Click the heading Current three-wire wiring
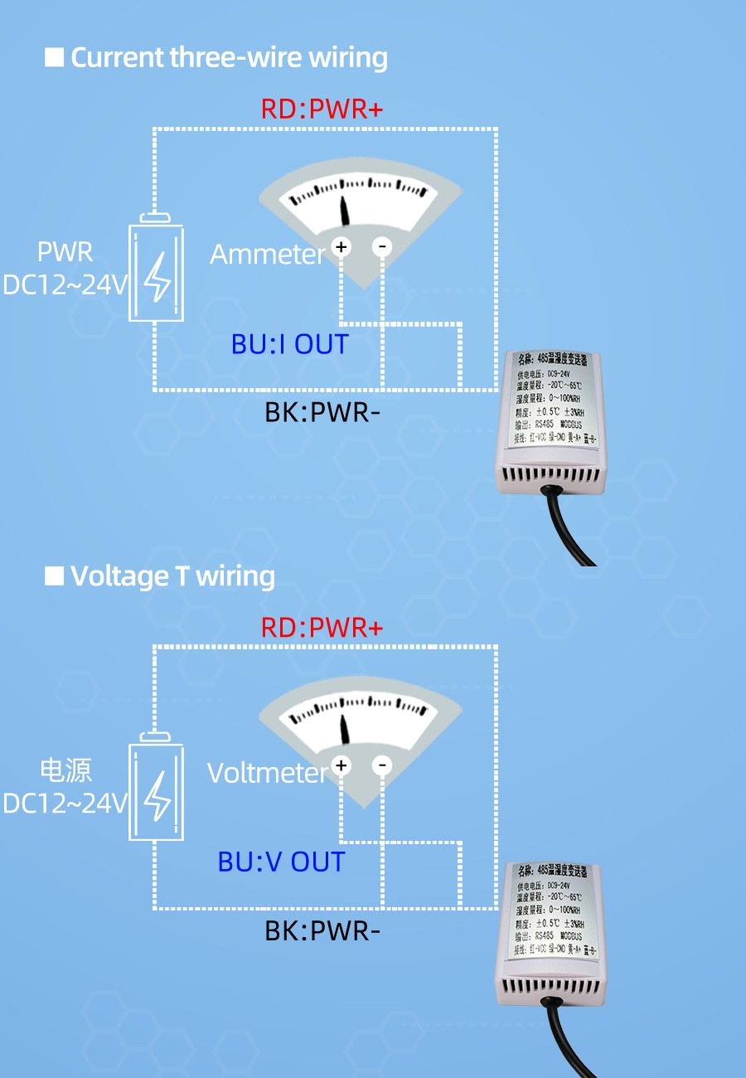coord(229,58)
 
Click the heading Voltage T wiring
coord(172,576)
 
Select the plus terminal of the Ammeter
coord(341,246)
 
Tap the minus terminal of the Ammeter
coord(382,246)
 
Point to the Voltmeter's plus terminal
coord(341,765)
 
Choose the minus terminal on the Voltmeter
coord(382,765)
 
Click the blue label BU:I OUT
coord(289,344)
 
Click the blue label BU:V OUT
coord(281,862)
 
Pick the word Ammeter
coord(268,255)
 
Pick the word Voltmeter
coord(268,773)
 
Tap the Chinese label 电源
coord(66,770)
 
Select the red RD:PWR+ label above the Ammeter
coord(322,109)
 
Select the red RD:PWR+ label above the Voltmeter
coord(322,628)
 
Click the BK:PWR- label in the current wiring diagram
coord(322,412)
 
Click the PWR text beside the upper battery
coord(65,252)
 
